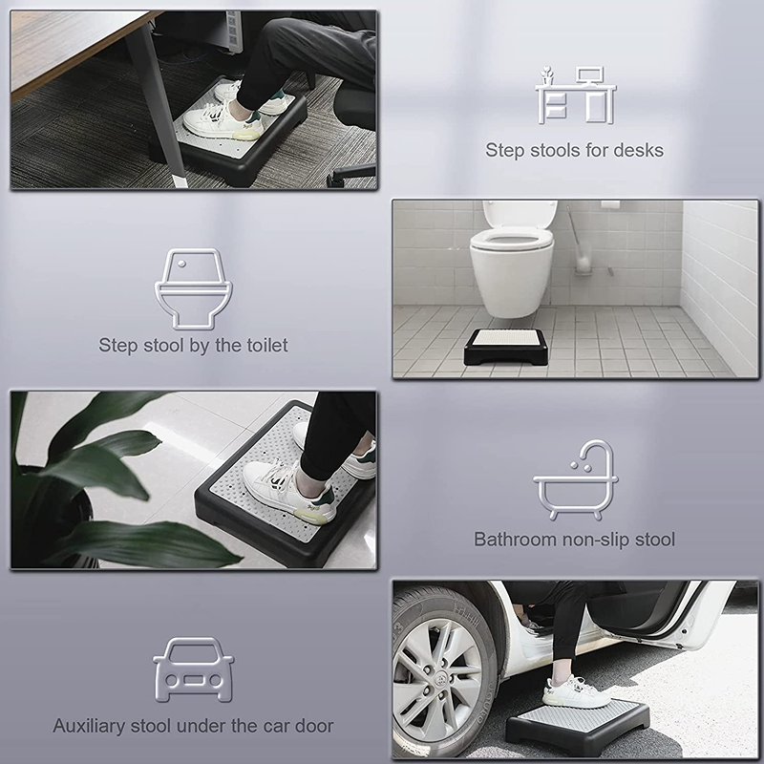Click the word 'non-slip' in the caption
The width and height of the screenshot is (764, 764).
tap(591, 540)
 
